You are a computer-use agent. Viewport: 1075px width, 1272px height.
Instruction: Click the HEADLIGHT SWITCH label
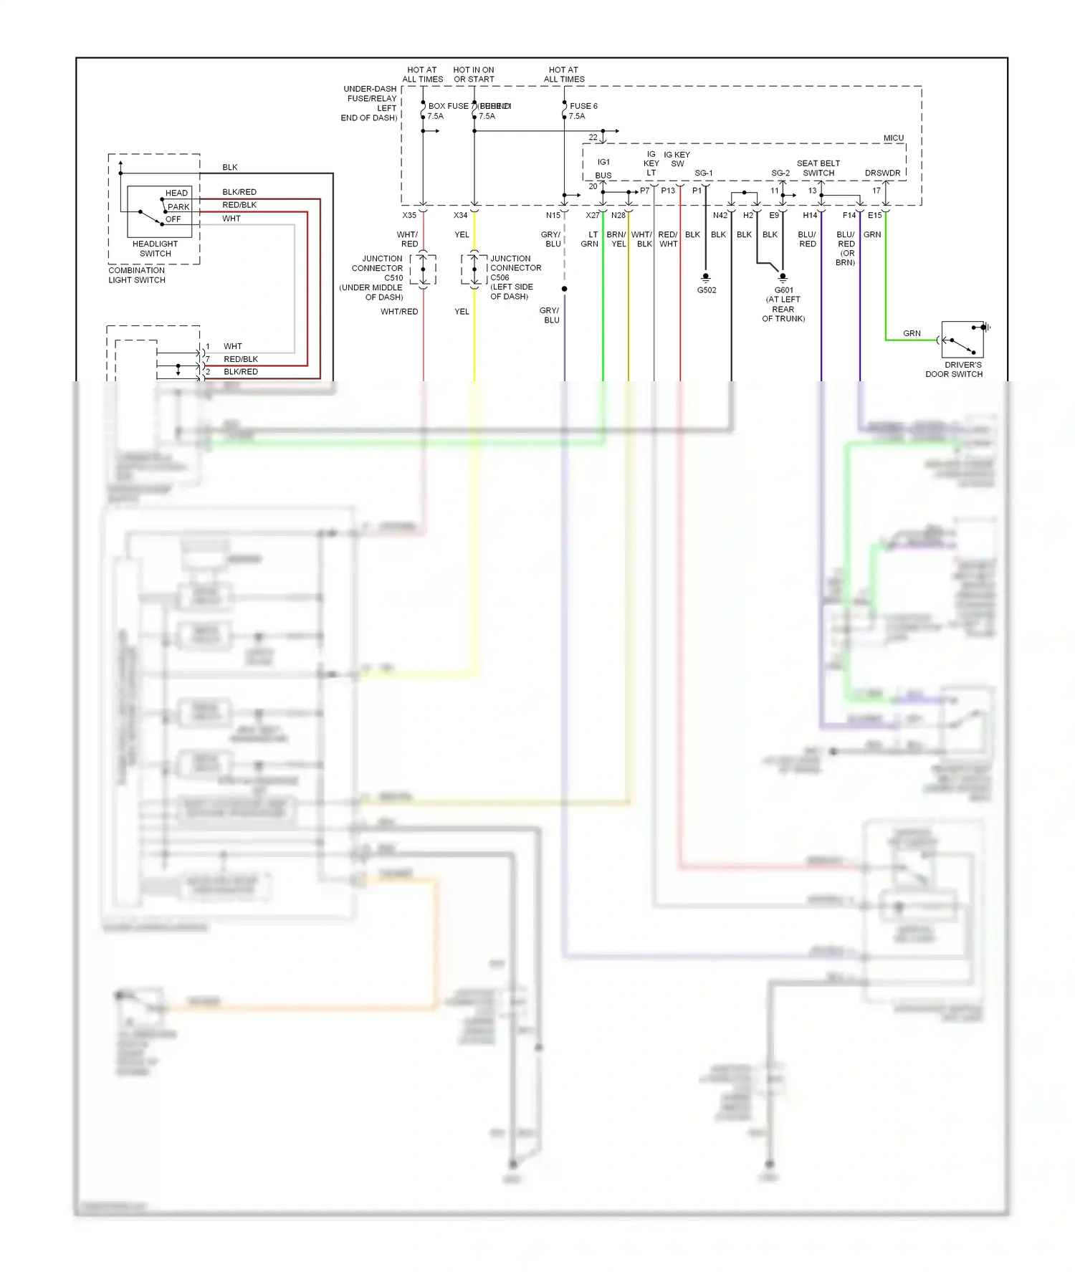(x=155, y=249)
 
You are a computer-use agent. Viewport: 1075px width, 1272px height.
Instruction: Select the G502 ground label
(x=706, y=290)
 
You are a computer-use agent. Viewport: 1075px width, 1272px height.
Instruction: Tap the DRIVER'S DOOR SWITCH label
(x=953, y=370)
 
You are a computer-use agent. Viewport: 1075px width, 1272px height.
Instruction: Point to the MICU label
(x=893, y=138)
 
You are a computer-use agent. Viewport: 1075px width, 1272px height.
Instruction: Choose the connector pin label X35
(x=408, y=215)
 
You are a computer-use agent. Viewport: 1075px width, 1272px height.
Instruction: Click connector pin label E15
(x=874, y=215)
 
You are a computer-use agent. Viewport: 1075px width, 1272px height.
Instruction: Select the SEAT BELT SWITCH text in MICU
(x=818, y=168)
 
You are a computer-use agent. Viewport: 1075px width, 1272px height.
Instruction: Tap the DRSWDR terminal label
(x=882, y=173)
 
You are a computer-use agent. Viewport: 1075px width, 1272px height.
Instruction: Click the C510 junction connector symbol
(x=423, y=269)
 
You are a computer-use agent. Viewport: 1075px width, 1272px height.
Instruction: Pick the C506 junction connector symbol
(x=474, y=269)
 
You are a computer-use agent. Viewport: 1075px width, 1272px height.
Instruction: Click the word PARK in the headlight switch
(x=178, y=206)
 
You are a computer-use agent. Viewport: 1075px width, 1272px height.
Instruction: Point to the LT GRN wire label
(x=590, y=239)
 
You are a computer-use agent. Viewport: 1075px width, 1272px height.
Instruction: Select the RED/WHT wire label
(x=668, y=239)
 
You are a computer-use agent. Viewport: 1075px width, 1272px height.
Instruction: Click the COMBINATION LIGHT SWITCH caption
(x=136, y=275)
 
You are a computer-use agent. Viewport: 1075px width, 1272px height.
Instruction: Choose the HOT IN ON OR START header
(x=473, y=75)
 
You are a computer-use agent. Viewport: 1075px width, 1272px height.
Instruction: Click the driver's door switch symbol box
(x=962, y=340)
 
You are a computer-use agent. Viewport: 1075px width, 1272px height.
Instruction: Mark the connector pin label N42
(x=720, y=215)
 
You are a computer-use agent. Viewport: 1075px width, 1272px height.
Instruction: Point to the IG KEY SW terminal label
(x=677, y=159)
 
